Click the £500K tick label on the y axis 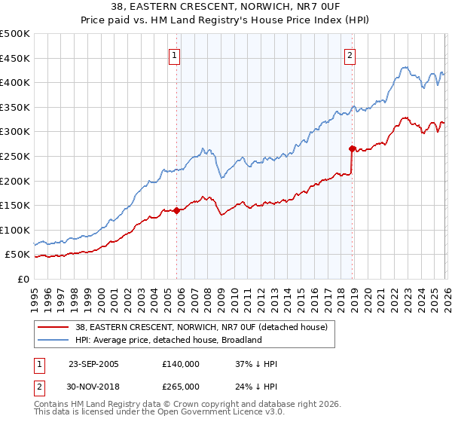(x=15, y=34)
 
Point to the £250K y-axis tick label (x=15, y=156)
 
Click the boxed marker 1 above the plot (x=175, y=54)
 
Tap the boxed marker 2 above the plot (x=350, y=54)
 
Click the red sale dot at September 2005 (x=177, y=210)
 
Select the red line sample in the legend (x=53, y=328)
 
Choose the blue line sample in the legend (x=53, y=341)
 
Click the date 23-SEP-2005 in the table (x=93, y=364)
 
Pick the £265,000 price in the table (x=181, y=387)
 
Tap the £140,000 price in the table (x=181, y=364)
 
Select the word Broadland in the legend (x=241, y=341)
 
